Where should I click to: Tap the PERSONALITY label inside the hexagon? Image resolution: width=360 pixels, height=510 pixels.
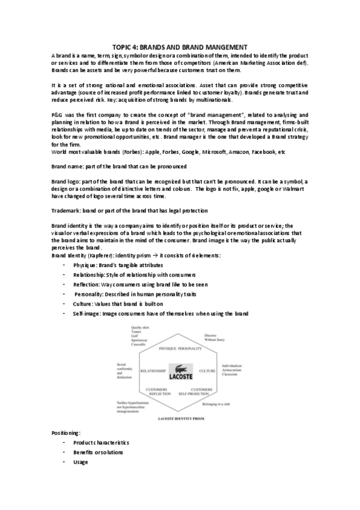click(191, 349)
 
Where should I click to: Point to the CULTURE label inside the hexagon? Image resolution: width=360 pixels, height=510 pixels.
click(207, 371)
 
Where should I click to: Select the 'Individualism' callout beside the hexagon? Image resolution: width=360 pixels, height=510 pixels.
click(231, 366)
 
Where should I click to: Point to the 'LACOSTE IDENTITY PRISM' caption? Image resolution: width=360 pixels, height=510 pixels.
click(180, 417)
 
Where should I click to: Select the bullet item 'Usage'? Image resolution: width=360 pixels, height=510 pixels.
click(81, 462)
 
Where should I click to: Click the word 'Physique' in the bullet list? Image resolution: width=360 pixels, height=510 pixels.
click(84, 265)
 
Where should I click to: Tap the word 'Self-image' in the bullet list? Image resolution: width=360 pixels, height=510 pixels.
click(86, 313)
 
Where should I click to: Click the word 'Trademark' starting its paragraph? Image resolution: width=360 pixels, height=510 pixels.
click(67, 210)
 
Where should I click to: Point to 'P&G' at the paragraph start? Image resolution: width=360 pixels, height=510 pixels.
click(58, 114)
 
